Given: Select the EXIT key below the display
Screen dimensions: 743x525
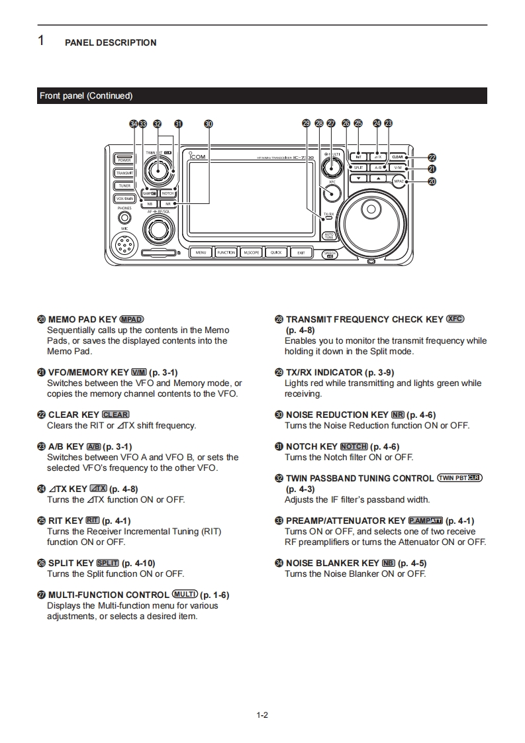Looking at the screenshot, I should point(301,252).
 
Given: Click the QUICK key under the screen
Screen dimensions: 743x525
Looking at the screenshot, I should point(276,252).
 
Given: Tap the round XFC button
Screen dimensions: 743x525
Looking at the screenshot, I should point(332,193).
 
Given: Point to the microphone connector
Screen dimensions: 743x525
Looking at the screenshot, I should point(124,246).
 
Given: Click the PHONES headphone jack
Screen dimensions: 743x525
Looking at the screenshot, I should point(124,218).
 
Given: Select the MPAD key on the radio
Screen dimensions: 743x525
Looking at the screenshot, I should point(399,181).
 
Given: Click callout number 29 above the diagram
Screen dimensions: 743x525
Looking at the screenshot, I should point(306,123).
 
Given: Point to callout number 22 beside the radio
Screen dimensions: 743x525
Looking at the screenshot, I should point(432,158).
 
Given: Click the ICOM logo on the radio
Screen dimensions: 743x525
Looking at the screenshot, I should point(198,158).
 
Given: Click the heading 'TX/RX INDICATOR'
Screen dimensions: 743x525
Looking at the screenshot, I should point(324,372).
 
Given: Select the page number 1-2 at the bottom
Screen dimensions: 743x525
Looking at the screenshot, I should point(262,715).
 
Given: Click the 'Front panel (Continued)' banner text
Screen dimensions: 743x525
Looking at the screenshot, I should point(86,96).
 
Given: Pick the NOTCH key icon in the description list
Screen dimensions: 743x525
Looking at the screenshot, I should point(354,447).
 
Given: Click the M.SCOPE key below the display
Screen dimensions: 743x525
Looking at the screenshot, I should point(251,252).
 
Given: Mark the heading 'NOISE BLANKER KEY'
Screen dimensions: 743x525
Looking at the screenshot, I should point(332,564).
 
